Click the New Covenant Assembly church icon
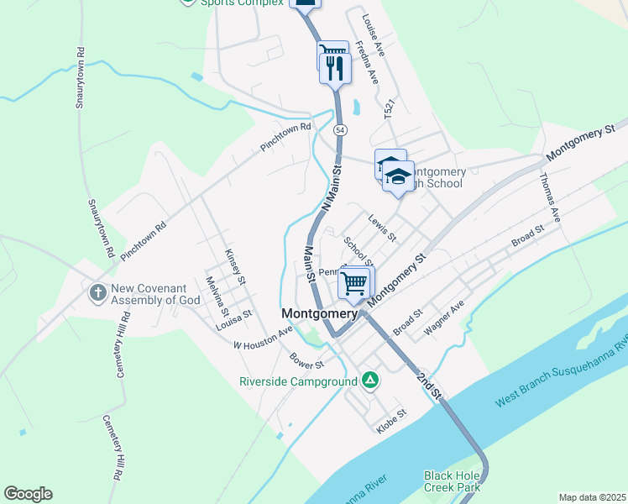[97, 292]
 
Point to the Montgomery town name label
[319, 313]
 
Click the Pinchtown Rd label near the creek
[285, 137]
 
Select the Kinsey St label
[235, 265]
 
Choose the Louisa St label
[233, 319]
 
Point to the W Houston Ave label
[263, 339]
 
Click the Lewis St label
[382, 226]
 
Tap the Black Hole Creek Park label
[452, 480]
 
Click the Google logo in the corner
[28, 494]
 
